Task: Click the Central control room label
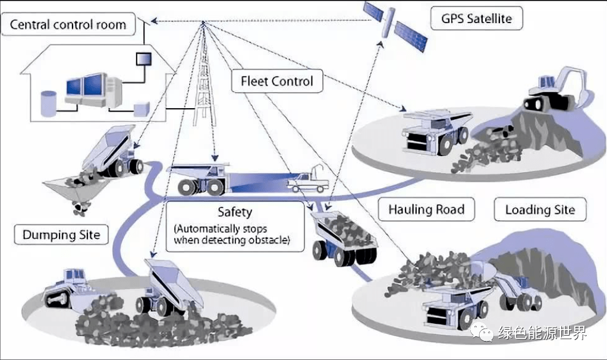68,25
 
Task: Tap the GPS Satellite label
476,18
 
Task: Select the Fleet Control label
276,81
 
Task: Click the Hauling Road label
426,209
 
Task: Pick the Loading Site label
540,209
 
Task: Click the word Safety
235,212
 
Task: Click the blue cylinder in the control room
47,103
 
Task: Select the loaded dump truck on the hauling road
344,238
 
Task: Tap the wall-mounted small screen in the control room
144,59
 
